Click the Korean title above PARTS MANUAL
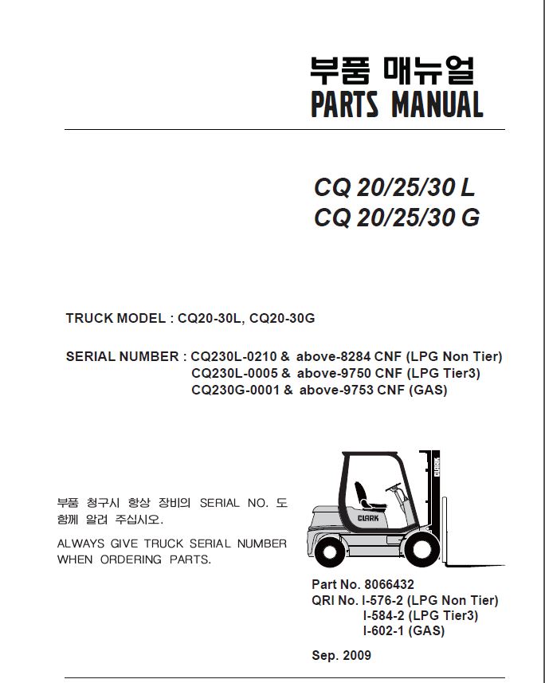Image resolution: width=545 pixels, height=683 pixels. tap(391, 70)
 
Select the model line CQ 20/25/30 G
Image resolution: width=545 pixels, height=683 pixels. tap(397, 218)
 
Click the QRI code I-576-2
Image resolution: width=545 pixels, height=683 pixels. tap(386, 600)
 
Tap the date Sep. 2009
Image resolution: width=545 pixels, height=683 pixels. tap(342, 656)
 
